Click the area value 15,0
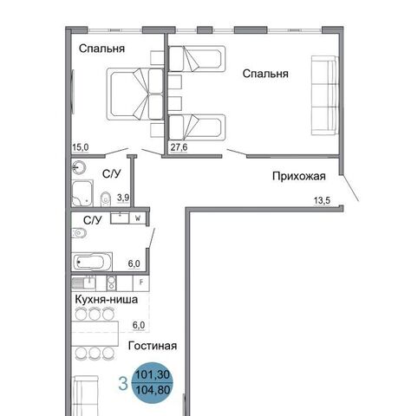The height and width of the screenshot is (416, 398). click(x=81, y=147)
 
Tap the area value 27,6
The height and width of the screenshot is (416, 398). click(x=179, y=147)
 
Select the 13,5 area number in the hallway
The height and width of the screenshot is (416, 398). click(x=322, y=200)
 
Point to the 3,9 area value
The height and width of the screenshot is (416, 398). click(x=123, y=198)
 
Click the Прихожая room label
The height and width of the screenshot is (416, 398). click(x=299, y=176)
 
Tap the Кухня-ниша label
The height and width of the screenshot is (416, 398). click(x=107, y=299)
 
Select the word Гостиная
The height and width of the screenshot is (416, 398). click(x=153, y=346)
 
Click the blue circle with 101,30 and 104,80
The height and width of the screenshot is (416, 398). click(x=153, y=382)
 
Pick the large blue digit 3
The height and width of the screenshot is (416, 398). click(x=123, y=384)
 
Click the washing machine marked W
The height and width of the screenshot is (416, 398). click(x=138, y=218)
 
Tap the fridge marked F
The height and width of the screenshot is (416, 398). click(x=140, y=283)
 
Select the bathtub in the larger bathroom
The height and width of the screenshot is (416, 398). click(x=92, y=262)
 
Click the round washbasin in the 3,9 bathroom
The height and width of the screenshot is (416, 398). click(x=79, y=167)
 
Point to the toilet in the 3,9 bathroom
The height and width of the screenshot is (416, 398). click(x=106, y=198)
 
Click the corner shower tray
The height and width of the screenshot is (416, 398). click(x=82, y=193)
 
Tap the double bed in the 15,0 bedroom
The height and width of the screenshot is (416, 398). click(x=135, y=94)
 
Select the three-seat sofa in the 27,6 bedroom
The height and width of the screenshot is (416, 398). click(x=325, y=95)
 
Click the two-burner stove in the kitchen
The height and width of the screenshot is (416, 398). click(x=111, y=283)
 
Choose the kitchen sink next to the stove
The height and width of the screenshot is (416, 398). click(x=84, y=283)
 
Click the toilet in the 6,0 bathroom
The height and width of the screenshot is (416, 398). click(x=79, y=233)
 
